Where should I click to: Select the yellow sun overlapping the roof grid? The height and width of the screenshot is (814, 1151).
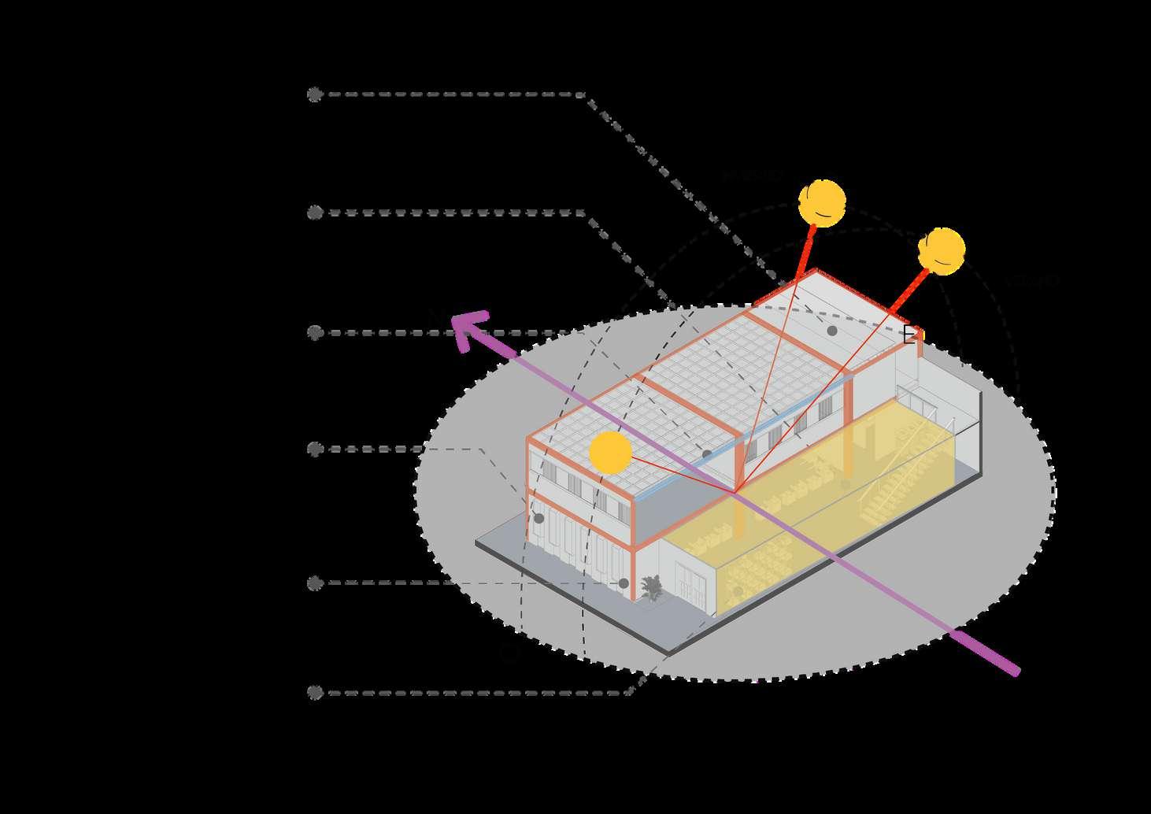tap(610, 453)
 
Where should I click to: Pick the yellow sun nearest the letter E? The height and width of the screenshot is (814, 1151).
tap(941, 250)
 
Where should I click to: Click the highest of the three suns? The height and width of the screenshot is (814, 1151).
tap(822, 203)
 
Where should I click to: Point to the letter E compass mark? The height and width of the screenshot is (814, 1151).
tap(910, 335)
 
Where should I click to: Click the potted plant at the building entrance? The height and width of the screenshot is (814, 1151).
tap(652, 588)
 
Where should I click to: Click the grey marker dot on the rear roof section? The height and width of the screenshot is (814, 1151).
tap(832, 331)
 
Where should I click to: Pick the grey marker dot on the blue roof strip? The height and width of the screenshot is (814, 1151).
tap(707, 454)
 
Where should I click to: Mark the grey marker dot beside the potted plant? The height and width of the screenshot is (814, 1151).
tap(624, 583)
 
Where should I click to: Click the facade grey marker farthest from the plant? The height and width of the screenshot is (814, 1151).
tap(538, 518)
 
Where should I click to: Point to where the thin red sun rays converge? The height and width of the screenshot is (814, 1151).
tap(735, 493)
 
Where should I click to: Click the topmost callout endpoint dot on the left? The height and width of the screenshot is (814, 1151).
tap(314, 94)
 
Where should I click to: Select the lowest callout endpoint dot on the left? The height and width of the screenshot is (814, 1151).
tap(315, 693)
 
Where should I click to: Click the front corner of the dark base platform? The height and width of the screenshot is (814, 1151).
tap(668, 653)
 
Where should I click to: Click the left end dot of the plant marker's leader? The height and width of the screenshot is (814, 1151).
tap(315, 583)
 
